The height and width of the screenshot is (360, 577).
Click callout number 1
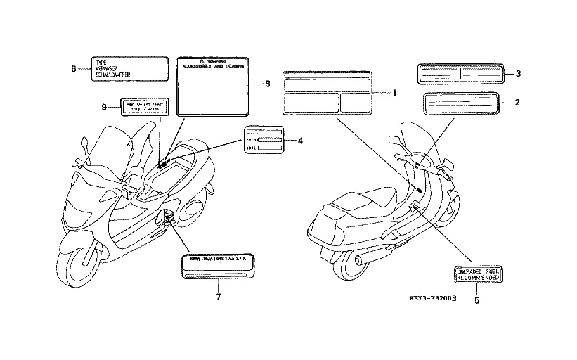coord(394,93)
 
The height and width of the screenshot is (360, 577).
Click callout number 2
coord(517,103)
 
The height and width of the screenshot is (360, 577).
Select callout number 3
coord(517,73)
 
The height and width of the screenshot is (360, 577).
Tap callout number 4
coord(300,141)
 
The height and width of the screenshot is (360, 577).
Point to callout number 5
coord(476,300)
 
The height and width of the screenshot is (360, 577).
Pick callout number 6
coord(73,68)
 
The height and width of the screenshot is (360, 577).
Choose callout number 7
coord(218,297)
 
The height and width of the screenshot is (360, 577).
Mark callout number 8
coord(267,84)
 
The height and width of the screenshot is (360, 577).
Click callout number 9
coord(103,107)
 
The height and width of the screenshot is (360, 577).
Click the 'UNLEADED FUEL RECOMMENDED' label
coord(477,275)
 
